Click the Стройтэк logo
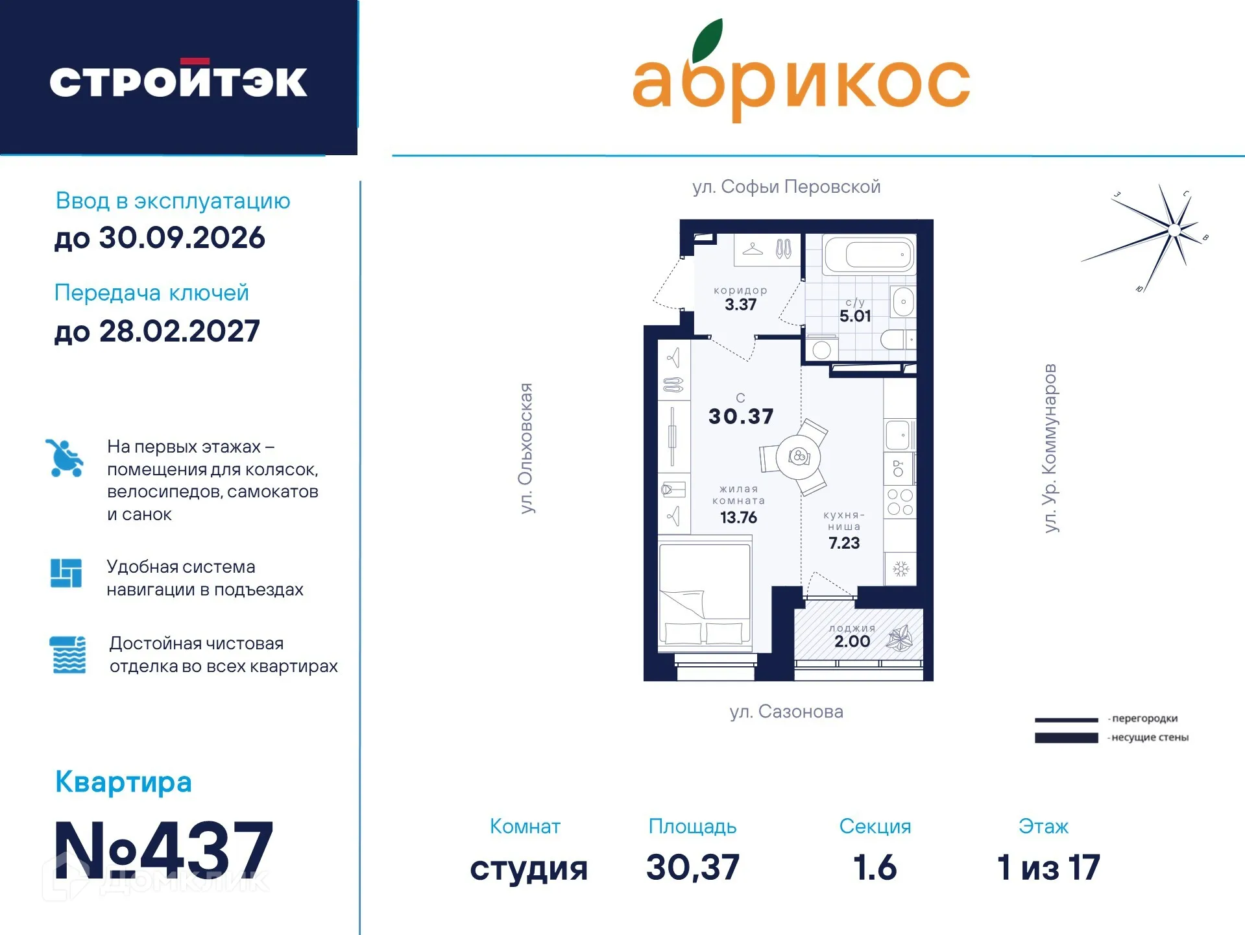pyautogui.click(x=178, y=81)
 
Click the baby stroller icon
pyautogui.click(x=65, y=458)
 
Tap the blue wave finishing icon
pyautogui.click(x=68, y=654)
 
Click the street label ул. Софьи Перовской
pyautogui.click(x=786, y=187)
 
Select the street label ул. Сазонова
pyautogui.click(x=786, y=712)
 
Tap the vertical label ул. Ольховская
pyautogui.click(x=526, y=448)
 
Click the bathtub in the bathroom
pyautogui.click(x=869, y=255)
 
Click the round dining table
pyautogui.click(x=799, y=456)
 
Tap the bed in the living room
pyautogui.click(x=705, y=597)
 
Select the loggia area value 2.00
pyautogui.click(x=852, y=642)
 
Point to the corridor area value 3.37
pyautogui.click(x=740, y=305)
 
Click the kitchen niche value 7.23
pyautogui.click(x=843, y=543)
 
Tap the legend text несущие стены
pyautogui.click(x=1150, y=738)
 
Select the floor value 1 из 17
pyautogui.click(x=1048, y=867)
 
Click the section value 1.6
pyautogui.click(x=875, y=867)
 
